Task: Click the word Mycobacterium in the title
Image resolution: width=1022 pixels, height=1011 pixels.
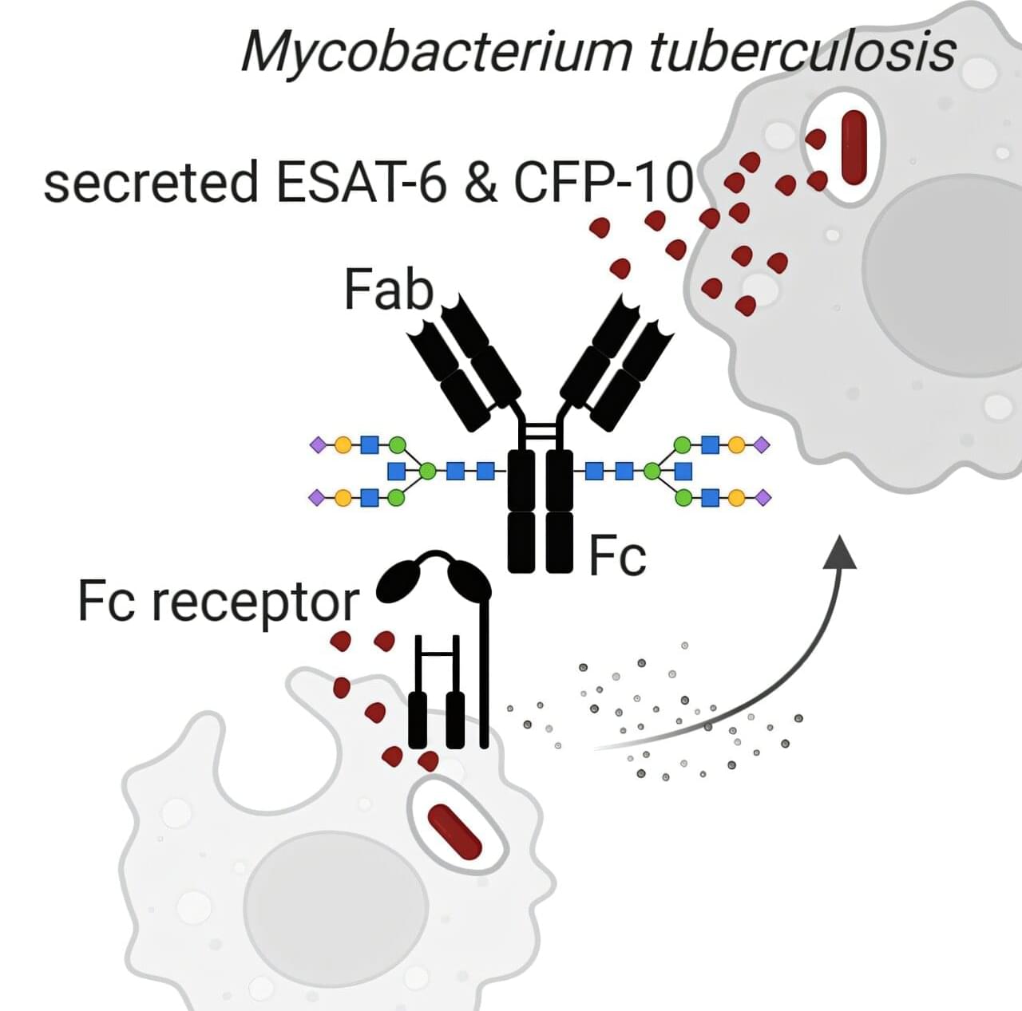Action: [436, 52]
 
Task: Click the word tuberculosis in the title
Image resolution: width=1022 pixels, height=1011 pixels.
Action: [802, 52]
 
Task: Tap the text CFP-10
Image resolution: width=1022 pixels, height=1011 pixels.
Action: [604, 181]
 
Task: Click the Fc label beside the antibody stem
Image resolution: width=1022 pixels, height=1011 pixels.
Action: [617, 555]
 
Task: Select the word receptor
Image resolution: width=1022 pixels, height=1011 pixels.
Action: [255, 602]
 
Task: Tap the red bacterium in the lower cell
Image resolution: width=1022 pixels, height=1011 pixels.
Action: [454, 832]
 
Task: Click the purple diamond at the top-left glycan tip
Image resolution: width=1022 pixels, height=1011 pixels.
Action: [318, 444]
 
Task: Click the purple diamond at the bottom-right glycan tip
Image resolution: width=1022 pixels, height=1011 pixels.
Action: [763, 498]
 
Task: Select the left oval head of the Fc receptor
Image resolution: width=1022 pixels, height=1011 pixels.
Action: [398, 581]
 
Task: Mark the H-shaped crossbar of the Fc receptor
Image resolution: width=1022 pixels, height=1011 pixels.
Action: [436, 655]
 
